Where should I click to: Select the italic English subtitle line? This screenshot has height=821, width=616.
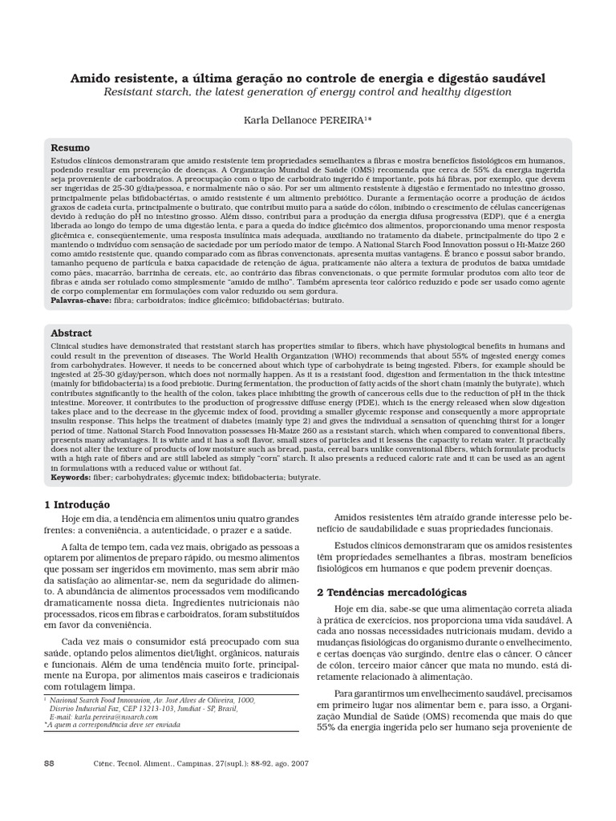308,92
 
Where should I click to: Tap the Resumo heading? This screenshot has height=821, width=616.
71,148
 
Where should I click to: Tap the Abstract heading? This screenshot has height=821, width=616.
71,333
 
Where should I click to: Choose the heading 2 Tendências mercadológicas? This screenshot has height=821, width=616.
391,592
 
